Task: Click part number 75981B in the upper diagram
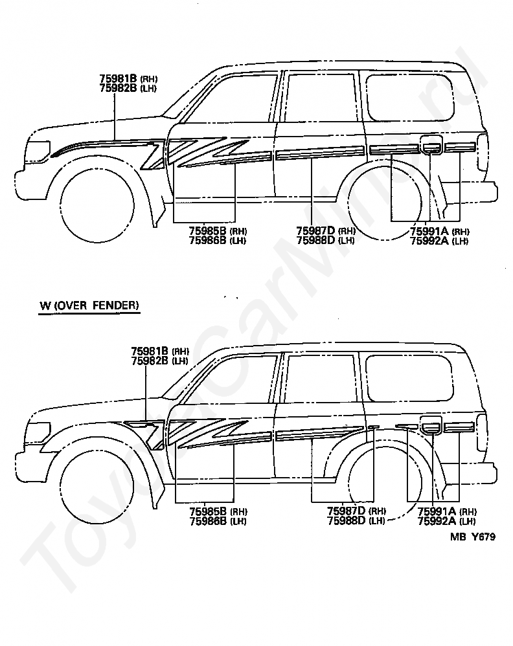pyautogui.click(x=118, y=78)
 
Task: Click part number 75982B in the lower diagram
pyautogui.click(x=150, y=361)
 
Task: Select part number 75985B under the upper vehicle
pyautogui.click(x=208, y=230)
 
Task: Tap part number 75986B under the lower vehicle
pyautogui.click(x=208, y=521)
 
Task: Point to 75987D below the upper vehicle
pyautogui.click(x=316, y=230)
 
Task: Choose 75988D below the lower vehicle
pyautogui.click(x=347, y=521)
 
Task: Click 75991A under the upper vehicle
pyautogui.click(x=429, y=231)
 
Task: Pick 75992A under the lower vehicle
pyautogui.click(x=437, y=521)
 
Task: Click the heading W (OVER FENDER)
pyautogui.click(x=89, y=306)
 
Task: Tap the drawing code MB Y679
pyautogui.click(x=473, y=537)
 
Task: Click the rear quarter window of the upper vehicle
pyautogui.click(x=410, y=97)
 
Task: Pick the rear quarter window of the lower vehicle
pyautogui.click(x=410, y=378)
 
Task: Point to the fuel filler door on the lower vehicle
pyautogui.click(x=431, y=425)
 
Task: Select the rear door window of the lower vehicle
pyautogui.click(x=320, y=379)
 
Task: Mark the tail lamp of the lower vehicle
pyautogui.click(x=482, y=432)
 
